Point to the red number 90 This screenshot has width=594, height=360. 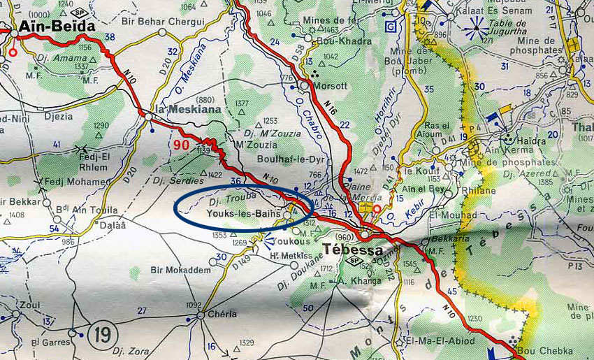point(180,145)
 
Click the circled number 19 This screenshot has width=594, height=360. point(101,333)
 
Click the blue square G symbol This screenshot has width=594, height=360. point(391,29)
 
